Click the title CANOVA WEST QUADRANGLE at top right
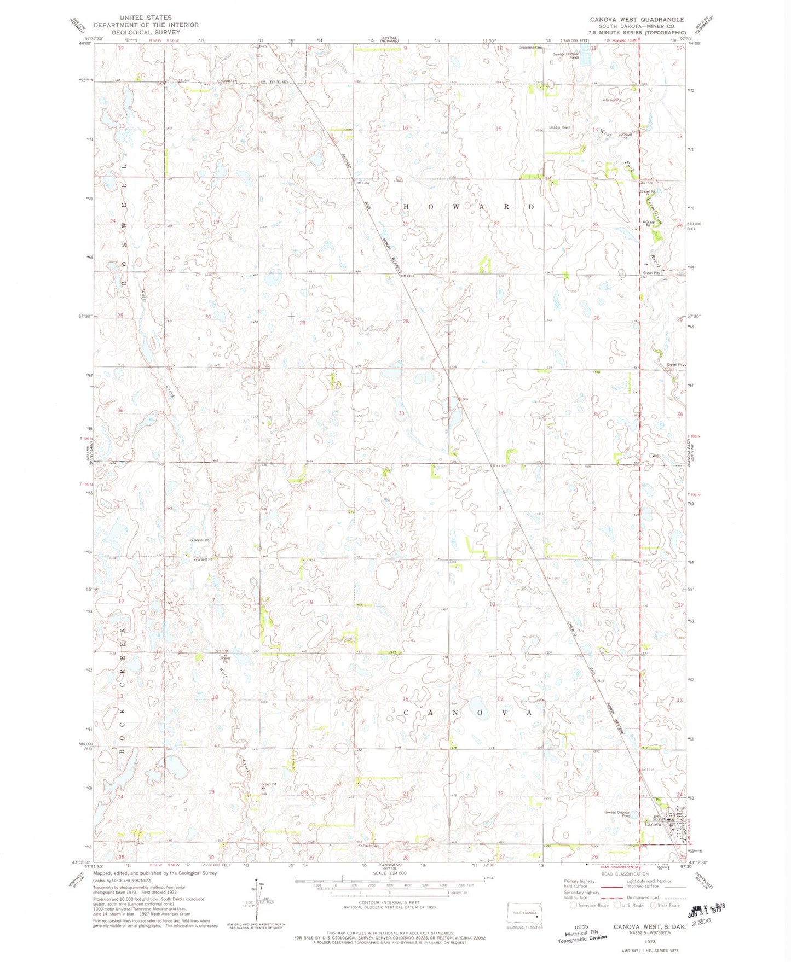click(637, 19)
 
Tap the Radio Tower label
click(561, 127)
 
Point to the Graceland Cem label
click(530, 48)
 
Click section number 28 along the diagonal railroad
click(406, 321)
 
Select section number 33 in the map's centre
click(401, 413)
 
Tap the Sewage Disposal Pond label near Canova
click(617, 814)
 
